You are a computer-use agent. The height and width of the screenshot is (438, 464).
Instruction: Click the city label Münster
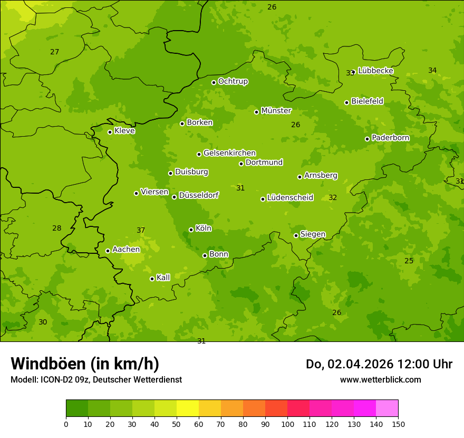point(276,111)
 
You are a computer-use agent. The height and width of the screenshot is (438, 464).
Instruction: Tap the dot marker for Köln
point(191,230)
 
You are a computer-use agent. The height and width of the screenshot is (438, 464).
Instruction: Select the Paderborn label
point(390,138)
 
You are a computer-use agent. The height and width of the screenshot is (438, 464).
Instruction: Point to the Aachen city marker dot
point(108,251)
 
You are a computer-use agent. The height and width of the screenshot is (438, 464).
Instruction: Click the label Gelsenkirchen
point(229,153)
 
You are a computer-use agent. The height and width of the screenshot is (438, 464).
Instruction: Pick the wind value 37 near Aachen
point(141,231)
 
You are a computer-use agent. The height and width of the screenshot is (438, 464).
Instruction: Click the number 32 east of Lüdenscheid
point(333,198)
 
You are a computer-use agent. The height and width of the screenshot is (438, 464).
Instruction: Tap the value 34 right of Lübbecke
point(432,70)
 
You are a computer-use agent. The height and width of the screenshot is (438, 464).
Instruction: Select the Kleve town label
point(124,131)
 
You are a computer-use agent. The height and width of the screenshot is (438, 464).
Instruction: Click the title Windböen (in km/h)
point(85,364)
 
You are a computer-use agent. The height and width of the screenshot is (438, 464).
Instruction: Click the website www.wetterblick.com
point(380,379)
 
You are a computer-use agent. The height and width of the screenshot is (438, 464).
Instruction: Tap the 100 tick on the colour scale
point(287,424)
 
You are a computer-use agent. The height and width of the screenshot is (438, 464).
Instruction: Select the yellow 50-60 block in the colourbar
point(188,408)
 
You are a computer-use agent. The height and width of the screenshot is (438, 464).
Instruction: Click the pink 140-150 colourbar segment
point(387,408)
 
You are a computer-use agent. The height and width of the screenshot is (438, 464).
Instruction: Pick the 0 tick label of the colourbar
point(66,424)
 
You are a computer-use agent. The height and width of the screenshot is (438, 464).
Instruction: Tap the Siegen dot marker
point(296,235)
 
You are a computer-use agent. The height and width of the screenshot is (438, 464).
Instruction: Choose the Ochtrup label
point(233,81)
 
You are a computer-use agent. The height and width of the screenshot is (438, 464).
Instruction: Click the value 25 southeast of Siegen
point(409,261)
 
